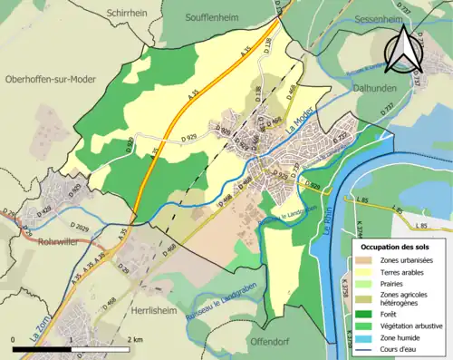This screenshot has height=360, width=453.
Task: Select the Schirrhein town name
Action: pos(127,14)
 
